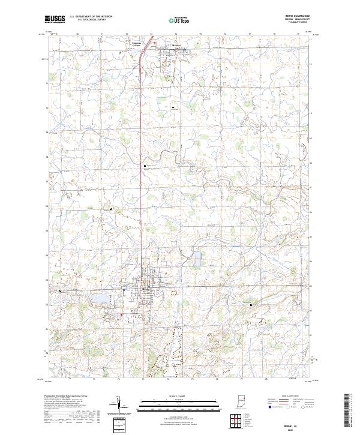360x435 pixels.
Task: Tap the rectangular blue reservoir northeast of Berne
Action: click(196, 260)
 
